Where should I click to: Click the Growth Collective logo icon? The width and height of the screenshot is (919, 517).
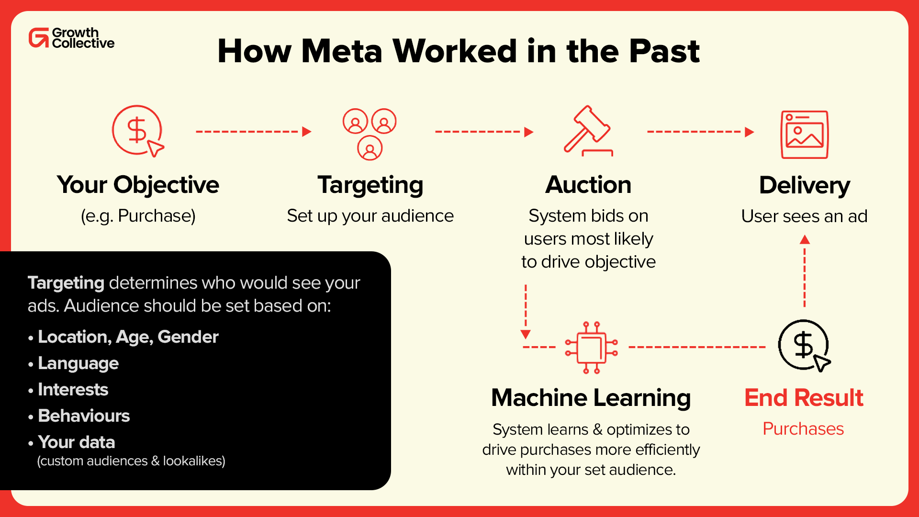[39, 38]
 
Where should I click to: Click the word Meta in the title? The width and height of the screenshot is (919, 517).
[342, 51]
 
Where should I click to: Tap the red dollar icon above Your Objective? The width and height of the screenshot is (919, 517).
[137, 130]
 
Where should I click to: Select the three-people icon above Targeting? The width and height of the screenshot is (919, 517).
[370, 134]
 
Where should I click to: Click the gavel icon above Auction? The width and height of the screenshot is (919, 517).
[588, 131]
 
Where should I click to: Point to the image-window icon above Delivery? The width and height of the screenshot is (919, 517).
[805, 135]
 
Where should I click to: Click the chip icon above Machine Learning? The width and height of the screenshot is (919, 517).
[592, 348]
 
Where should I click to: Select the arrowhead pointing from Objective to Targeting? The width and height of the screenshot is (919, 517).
[307, 132]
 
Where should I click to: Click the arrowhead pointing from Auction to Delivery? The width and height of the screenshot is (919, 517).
[750, 132]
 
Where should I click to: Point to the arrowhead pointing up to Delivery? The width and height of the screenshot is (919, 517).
[805, 239]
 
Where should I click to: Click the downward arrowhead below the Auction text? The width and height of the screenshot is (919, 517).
[526, 334]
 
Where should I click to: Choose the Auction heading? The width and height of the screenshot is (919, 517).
[588, 185]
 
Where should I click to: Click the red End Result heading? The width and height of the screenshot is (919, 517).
[804, 398]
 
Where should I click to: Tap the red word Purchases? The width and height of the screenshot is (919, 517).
[803, 428]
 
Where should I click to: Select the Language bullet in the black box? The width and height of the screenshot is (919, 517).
[78, 363]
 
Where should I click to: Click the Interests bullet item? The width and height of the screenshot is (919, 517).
[73, 390]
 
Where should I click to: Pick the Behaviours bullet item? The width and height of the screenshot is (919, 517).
[84, 416]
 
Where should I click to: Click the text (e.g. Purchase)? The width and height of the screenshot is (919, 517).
[138, 216]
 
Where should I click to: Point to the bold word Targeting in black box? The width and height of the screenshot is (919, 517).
[66, 283]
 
